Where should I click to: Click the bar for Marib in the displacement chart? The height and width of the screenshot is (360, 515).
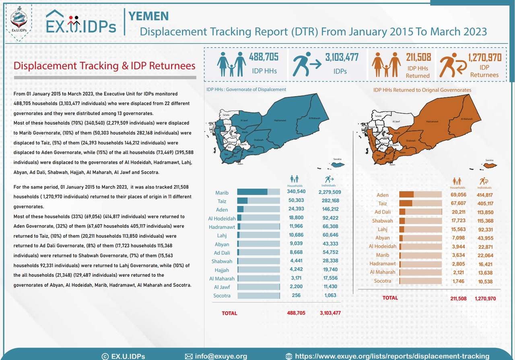[258, 192]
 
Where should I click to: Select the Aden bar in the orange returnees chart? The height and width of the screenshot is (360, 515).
[420, 195]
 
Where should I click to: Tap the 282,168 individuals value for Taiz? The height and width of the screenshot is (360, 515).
[329, 201]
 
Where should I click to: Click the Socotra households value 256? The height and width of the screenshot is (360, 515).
[296, 295]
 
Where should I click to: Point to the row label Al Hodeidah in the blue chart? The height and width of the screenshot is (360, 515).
[222, 218]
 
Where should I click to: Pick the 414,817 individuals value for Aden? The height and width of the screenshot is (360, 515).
[485, 195]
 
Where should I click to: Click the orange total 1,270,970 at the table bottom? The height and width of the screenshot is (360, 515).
[485, 298]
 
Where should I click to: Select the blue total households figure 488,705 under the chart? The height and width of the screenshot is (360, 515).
[296, 313]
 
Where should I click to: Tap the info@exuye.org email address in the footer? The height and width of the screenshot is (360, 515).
[221, 356]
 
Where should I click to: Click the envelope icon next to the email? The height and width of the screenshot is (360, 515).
[189, 356]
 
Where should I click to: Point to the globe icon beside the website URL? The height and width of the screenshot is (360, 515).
[288, 356]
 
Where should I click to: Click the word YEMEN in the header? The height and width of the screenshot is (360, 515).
[148, 16]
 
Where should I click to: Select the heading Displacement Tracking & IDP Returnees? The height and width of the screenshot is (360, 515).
[105, 66]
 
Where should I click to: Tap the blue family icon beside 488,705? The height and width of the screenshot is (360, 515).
[231, 64]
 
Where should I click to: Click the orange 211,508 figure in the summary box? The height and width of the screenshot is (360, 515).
[418, 57]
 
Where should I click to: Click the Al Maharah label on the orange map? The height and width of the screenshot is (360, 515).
[467, 119]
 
